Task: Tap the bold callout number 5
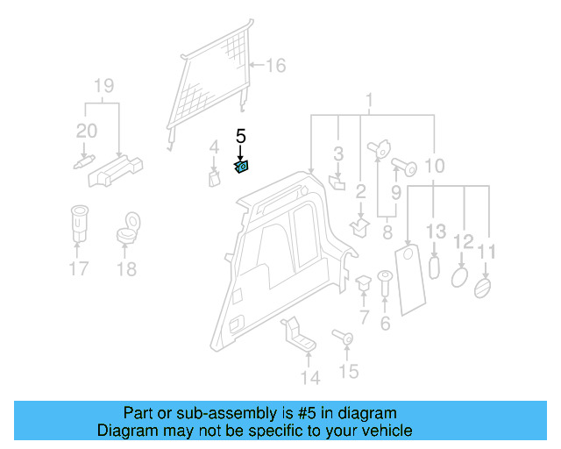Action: tap(241, 136)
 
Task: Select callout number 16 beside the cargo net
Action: tap(275, 66)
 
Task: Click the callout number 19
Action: tap(104, 86)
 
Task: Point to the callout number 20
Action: tap(86, 132)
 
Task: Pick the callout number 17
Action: tap(79, 268)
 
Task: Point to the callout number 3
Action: tap(338, 155)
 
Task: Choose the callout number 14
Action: tap(309, 378)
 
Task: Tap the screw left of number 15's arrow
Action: tap(341, 336)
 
